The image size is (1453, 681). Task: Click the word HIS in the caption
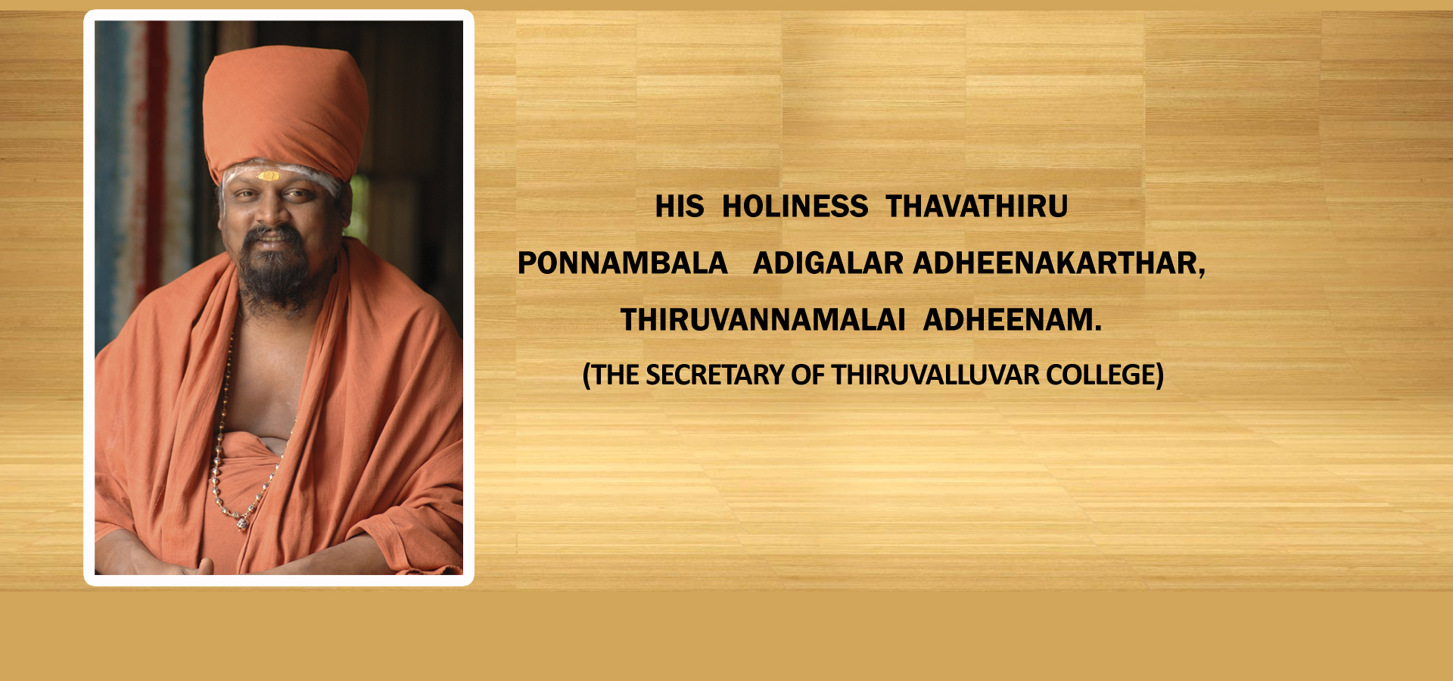tap(680, 207)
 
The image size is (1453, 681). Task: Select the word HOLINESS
tap(795, 207)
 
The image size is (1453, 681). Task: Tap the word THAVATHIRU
tap(977, 207)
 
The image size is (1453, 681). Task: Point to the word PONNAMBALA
tap(623, 263)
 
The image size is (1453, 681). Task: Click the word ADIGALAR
tap(828, 263)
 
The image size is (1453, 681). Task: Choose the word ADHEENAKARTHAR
tap(1055, 263)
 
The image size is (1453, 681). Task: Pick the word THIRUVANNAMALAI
tap(763, 320)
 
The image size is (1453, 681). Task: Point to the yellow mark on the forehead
tap(269, 176)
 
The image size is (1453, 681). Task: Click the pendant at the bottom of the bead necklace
tap(242, 521)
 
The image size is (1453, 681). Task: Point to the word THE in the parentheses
tap(614, 375)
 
